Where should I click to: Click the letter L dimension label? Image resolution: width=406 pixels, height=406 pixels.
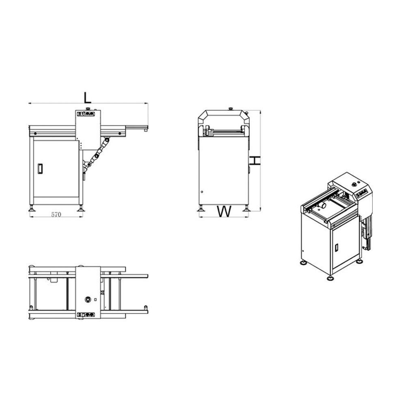[88, 97]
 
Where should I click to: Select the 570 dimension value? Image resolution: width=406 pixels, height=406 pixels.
[56, 215]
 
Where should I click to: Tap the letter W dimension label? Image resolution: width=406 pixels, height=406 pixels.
[224, 212]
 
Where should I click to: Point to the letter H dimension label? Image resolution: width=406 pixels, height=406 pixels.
[255, 161]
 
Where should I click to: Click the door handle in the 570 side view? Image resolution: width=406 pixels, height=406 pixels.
[40, 168]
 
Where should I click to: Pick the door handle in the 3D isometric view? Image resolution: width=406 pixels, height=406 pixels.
[337, 247]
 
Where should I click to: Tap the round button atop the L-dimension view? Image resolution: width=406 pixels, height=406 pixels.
[88, 109]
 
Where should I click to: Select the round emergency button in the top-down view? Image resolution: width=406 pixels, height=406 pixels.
[88, 300]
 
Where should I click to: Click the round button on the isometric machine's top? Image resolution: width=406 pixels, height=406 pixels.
[353, 184]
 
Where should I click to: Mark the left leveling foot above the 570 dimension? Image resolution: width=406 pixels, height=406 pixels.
[32, 208]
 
